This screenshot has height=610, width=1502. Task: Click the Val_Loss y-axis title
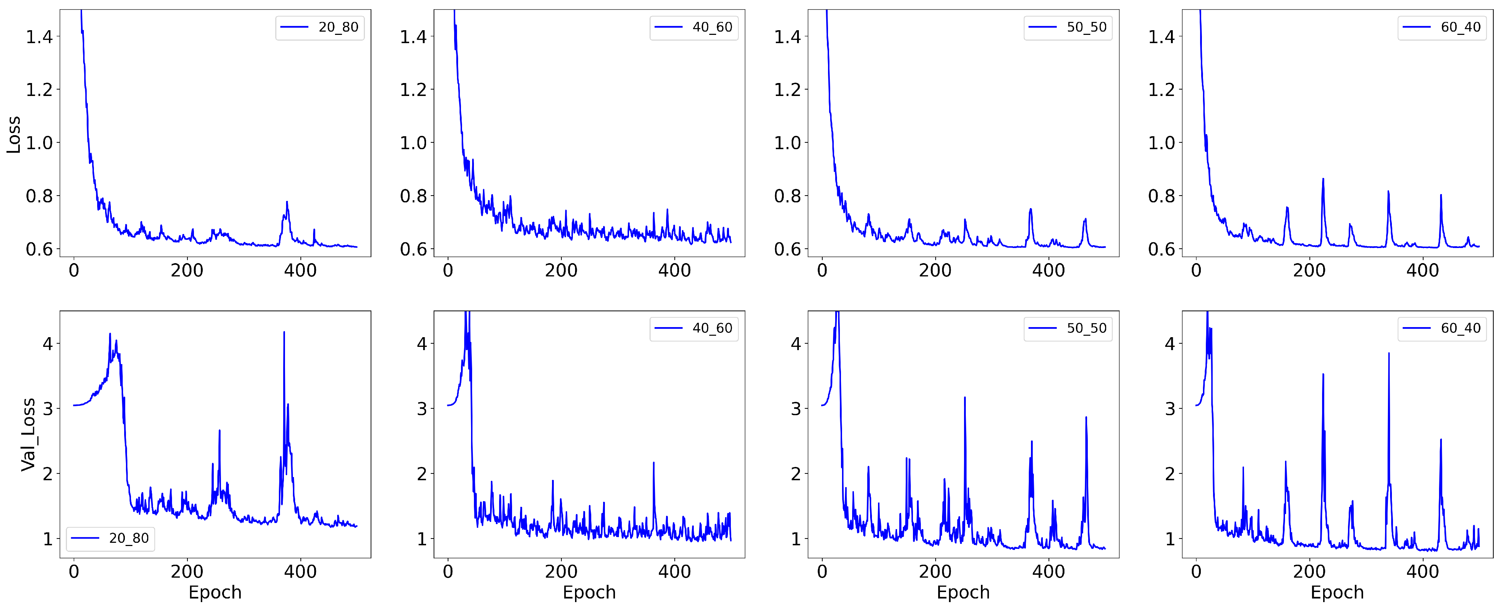click(x=28, y=435)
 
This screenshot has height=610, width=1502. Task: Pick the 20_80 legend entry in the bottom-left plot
click(x=111, y=538)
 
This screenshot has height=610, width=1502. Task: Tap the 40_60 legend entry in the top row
click(x=694, y=27)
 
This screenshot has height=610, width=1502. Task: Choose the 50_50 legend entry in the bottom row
click(x=1068, y=329)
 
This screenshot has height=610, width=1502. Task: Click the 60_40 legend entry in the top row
click(x=1443, y=27)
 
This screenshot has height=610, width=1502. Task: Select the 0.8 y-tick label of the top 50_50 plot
click(x=787, y=196)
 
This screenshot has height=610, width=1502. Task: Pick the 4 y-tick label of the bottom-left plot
click(x=48, y=344)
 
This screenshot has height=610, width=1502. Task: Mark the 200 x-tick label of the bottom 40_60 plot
click(x=561, y=572)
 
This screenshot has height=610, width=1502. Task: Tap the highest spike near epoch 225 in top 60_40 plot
click(x=1323, y=179)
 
